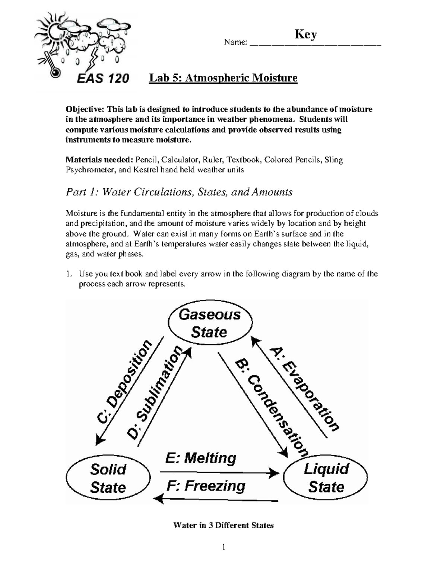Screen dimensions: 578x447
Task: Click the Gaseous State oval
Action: point(210,323)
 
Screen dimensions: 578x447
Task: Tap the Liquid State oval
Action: point(326,478)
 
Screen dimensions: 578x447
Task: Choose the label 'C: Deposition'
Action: point(125,382)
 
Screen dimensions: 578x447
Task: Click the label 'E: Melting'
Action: point(200,458)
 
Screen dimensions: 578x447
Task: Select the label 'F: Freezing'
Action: point(206,486)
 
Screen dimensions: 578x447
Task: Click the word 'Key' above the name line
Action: point(305,35)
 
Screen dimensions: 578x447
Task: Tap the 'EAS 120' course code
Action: point(103,78)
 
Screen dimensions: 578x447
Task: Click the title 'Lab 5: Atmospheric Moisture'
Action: point(223,78)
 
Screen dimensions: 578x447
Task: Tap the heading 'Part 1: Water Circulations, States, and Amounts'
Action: point(179,192)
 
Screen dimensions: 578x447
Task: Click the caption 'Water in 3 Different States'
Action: point(223,526)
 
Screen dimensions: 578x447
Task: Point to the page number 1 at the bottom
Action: point(223,547)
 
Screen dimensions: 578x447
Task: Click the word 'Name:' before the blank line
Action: point(235,42)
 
